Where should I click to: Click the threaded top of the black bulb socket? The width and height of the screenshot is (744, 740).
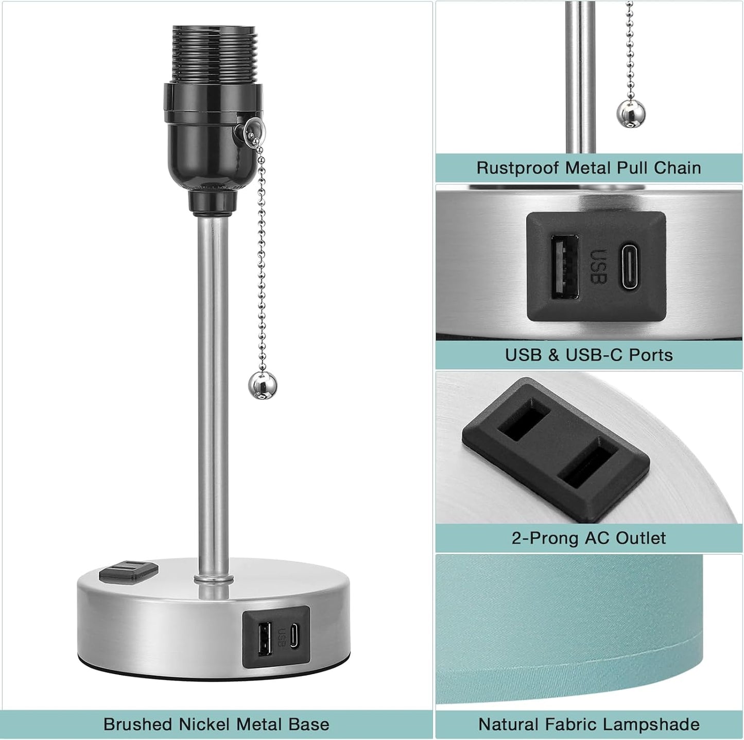click(214, 54)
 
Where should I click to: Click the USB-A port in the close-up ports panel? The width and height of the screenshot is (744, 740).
click(564, 267)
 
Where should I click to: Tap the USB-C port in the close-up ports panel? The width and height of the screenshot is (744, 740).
click(633, 266)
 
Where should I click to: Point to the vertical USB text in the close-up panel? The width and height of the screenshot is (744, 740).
click(598, 267)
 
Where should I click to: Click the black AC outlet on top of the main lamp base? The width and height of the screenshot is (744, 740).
click(129, 572)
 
